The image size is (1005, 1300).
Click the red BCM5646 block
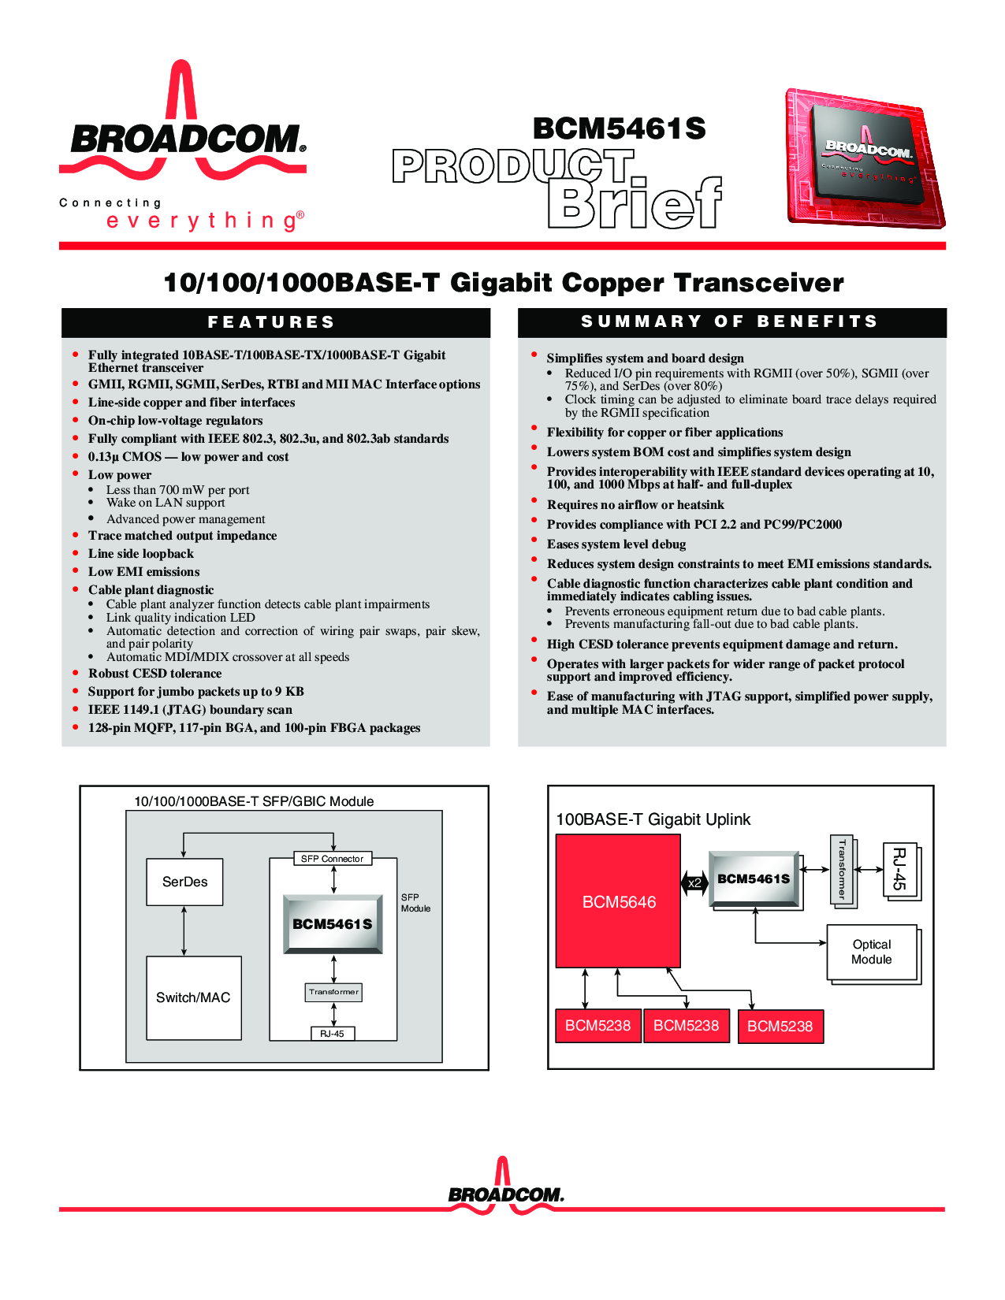618,901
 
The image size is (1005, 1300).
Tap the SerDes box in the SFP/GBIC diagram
184,882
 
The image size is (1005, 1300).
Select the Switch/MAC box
194,998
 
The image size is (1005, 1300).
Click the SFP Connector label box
332,859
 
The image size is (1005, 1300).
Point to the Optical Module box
872,952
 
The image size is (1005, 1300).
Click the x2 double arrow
694,883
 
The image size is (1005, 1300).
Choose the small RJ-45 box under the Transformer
332,1033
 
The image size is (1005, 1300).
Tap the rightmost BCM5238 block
780,1026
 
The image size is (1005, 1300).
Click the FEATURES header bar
275,322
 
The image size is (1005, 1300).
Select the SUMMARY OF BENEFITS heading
730,321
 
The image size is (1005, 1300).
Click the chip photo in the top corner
865,158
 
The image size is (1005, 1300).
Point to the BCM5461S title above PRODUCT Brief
619,128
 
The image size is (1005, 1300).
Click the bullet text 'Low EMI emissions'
143,571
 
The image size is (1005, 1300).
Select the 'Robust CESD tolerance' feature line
154,673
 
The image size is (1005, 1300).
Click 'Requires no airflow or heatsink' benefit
635,504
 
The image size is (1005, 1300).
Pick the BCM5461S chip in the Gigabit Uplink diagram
754,878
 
